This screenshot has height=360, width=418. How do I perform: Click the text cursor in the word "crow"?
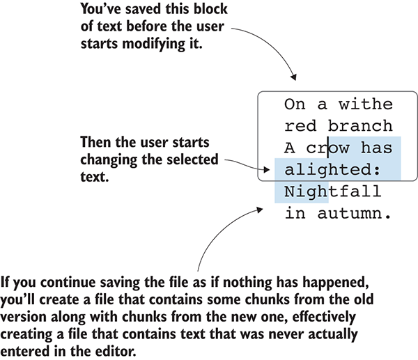(329, 148)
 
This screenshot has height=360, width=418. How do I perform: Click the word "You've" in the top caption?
(100, 10)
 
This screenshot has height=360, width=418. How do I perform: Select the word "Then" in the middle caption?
(95, 143)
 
